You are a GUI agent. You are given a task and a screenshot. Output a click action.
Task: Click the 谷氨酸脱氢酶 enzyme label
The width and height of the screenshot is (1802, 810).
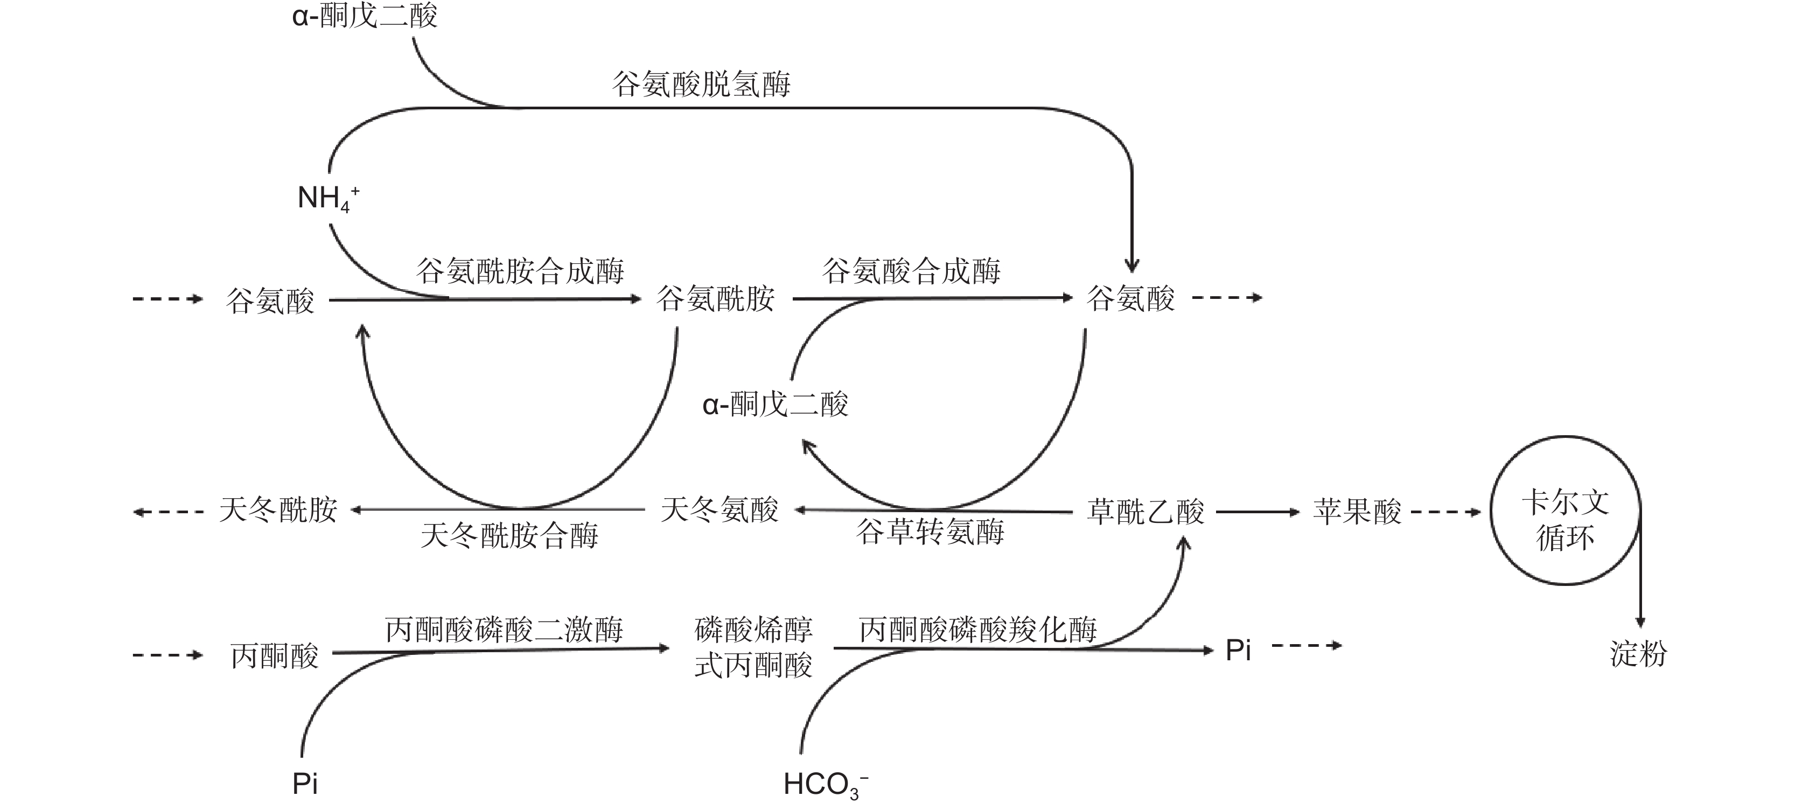[x=701, y=85]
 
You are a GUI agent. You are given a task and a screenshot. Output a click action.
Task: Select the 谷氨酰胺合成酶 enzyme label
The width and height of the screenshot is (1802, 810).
[x=520, y=271]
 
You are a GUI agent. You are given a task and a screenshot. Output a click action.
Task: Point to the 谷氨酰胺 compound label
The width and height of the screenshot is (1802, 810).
[x=715, y=299]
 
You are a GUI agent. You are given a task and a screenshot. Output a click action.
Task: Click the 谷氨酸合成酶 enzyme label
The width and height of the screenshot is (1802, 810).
[x=911, y=271]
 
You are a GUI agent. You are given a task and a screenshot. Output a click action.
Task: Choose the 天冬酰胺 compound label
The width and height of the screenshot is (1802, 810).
[x=278, y=510]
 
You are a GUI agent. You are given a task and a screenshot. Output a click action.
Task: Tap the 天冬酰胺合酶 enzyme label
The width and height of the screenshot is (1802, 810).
[x=509, y=536]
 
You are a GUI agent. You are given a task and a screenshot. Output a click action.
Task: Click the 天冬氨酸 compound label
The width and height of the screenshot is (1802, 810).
[x=719, y=510]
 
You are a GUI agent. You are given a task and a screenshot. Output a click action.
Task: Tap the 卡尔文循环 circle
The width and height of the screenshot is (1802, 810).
[x=1565, y=511]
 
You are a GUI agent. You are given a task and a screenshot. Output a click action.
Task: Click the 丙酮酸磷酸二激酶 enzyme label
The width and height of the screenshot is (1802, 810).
[x=504, y=630]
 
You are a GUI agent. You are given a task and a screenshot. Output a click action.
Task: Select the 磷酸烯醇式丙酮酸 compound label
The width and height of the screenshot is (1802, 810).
[x=753, y=647]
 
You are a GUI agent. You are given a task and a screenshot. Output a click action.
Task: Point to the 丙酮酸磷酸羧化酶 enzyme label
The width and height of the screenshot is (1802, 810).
[x=977, y=630]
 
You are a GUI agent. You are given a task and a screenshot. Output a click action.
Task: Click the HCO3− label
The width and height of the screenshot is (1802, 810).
[x=826, y=785]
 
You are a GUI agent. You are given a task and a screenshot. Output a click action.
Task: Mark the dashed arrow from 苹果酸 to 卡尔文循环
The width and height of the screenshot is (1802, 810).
[x=1445, y=512]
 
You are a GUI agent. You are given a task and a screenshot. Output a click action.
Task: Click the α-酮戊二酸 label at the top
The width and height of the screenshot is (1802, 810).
[x=365, y=16]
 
